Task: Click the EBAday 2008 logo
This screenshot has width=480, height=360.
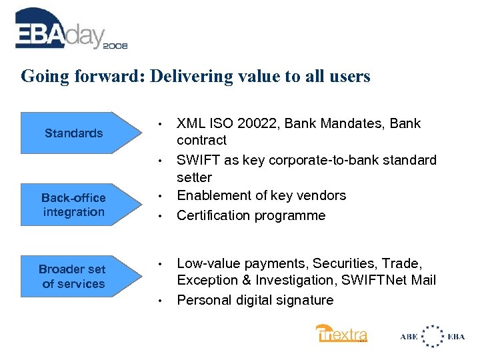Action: coord(70,30)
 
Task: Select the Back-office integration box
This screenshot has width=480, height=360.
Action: coord(73,205)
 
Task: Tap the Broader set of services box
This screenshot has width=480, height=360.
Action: coord(73,277)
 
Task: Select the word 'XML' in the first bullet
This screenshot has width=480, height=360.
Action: coord(190,123)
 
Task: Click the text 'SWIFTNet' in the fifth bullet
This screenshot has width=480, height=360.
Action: coord(370,281)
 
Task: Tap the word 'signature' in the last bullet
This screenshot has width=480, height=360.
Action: coord(302,300)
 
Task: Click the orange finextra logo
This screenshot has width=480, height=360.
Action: coord(341,333)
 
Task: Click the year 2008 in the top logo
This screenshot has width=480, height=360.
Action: coord(114,46)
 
